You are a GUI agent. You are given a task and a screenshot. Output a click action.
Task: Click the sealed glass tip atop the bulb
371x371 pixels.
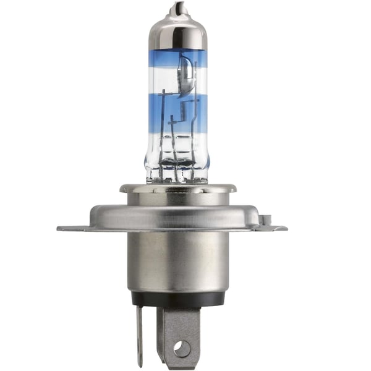pyautogui.click(x=177, y=8)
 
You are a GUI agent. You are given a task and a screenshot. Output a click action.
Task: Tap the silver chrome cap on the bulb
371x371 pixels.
pyautogui.click(x=177, y=31)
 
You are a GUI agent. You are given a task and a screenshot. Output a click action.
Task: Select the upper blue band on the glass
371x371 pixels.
pyautogui.click(x=177, y=62)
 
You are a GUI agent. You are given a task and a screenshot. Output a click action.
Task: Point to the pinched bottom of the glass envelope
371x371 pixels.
pyautogui.click(x=177, y=176)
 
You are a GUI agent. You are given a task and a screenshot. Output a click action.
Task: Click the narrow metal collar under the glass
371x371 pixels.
pyautogui.click(x=177, y=188)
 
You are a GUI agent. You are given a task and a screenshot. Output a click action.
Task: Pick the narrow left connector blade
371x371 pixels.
pyautogui.click(x=139, y=334)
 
